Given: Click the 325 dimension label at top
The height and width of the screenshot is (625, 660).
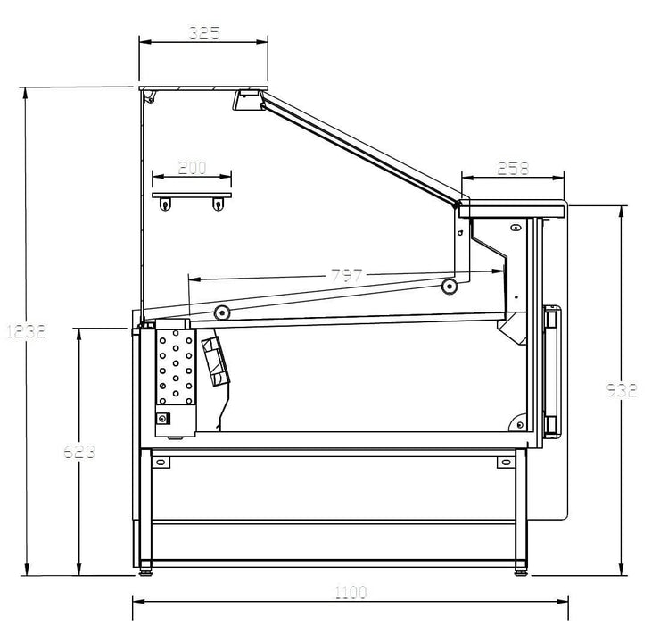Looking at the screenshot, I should [x=204, y=33].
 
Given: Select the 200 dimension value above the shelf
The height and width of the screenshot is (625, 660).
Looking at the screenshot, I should [x=192, y=167].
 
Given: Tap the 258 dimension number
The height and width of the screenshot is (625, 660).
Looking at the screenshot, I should [x=512, y=167].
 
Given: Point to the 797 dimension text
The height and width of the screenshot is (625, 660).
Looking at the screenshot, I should [x=347, y=276].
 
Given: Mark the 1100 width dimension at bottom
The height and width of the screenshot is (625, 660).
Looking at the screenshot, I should [x=351, y=592].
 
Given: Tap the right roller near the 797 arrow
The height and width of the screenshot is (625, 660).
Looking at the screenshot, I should [x=450, y=286].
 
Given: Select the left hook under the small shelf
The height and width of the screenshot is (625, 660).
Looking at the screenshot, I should [x=165, y=205].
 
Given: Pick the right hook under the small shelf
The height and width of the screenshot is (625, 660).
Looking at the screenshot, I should [x=217, y=205].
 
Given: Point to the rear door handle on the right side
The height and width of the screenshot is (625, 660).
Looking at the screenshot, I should [x=554, y=370].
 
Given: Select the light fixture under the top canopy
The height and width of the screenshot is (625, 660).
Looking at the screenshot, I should [x=247, y=100].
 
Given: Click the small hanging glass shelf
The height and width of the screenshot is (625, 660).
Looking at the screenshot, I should [x=192, y=193].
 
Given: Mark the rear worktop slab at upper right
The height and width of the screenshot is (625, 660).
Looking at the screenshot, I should [x=511, y=209].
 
